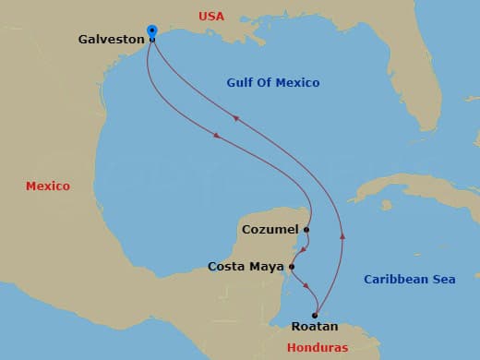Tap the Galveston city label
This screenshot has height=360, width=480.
tap(111, 40)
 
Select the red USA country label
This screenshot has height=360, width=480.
tap(211, 16)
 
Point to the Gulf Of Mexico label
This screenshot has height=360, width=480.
tap(273, 83)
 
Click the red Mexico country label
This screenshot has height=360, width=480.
tap(48, 186)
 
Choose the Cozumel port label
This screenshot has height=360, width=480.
tap(269, 229)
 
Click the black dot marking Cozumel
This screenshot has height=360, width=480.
tap(306, 229)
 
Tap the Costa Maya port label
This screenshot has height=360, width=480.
tap(246, 267)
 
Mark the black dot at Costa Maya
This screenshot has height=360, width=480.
tap(292, 267)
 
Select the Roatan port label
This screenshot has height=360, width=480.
tap(315, 327)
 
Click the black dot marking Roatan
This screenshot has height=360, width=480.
tap(315, 315)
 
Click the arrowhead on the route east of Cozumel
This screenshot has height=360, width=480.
tap(342, 236)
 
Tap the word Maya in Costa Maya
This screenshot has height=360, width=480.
tap(268, 267)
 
